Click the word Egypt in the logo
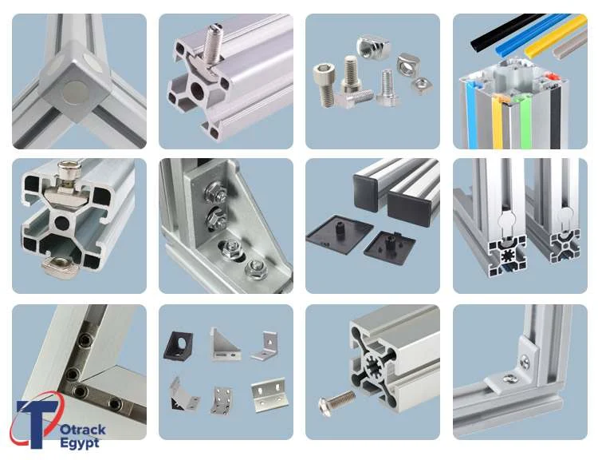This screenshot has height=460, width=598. [79, 442]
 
